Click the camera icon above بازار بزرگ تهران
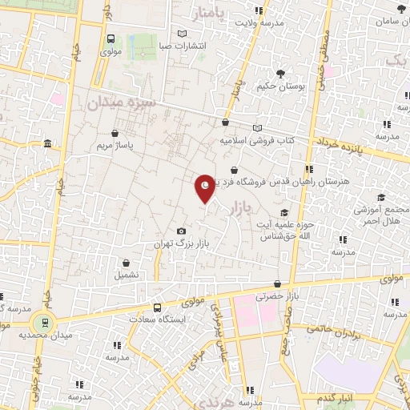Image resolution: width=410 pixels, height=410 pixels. click(182, 231)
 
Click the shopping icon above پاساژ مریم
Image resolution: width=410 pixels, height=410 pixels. click(118, 134)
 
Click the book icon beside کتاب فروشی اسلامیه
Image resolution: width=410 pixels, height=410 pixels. click(256, 128)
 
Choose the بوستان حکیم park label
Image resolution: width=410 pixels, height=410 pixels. click(282, 86)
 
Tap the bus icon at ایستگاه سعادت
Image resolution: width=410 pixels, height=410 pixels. click(157, 307)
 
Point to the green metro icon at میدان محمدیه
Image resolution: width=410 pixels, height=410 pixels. click(45, 324)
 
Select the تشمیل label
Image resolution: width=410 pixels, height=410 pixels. click(127, 275)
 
